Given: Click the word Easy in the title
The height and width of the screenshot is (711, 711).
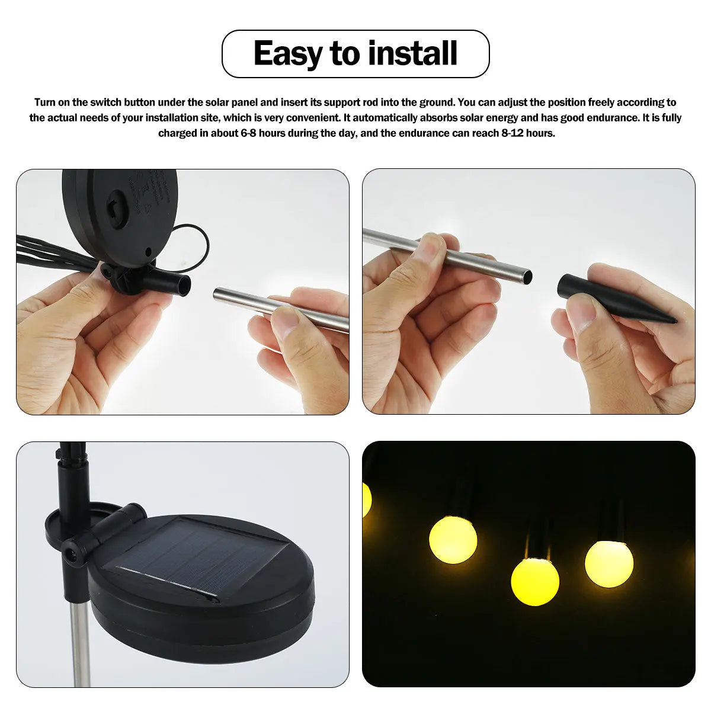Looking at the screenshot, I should pos(288,54).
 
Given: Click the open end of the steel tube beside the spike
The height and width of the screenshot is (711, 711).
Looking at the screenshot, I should pos(527,276).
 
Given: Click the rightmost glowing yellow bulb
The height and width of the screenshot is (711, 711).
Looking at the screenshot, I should pos(608,563).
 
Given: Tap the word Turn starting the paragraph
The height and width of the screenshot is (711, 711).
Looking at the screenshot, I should pos(45,102).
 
